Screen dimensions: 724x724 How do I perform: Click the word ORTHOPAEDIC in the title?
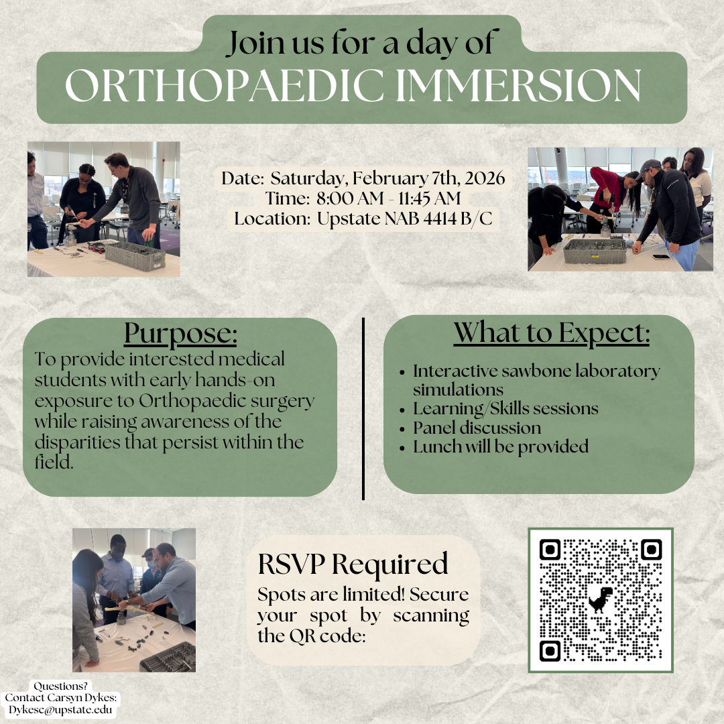pyautogui.click(x=225, y=85)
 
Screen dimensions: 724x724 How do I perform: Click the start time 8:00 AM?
pyautogui.click(x=349, y=198)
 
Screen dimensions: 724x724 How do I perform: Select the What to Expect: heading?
pyautogui.click(x=552, y=333)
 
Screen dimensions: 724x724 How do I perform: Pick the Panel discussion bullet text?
pyautogui.click(x=477, y=428)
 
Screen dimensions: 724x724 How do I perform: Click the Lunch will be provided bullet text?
pyautogui.click(x=501, y=446)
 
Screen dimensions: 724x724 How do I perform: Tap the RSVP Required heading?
pyautogui.click(x=353, y=564)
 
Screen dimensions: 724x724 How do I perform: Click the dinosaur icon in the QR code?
pyautogui.click(x=600, y=599)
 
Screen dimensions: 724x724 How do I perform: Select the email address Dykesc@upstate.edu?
pyautogui.click(x=60, y=710)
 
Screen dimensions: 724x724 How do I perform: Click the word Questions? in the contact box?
pyautogui.click(x=60, y=686)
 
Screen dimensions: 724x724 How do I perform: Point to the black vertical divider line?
pyautogui.click(x=363, y=409)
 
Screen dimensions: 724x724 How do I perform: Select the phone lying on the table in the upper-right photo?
pyautogui.click(x=661, y=256)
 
